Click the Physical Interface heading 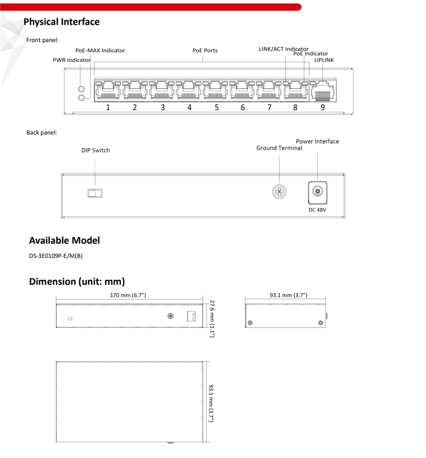click(x=61, y=22)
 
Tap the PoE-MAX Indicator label click(x=100, y=50)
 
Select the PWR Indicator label click(x=71, y=60)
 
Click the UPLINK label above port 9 click(x=324, y=60)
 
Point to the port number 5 click(x=216, y=108)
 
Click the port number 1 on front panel click(x=108, y=108)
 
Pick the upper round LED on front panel click(x=82, y=90)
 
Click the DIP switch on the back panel click(x=95, y=193)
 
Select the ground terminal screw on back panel click(x=279, y=191)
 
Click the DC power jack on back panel click(x=317, y=192)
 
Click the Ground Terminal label click(x=279, y=148)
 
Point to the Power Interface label click(x=317, y=141)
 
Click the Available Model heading click(x=64, y=241)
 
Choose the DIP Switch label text click(x=95, y=150)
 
